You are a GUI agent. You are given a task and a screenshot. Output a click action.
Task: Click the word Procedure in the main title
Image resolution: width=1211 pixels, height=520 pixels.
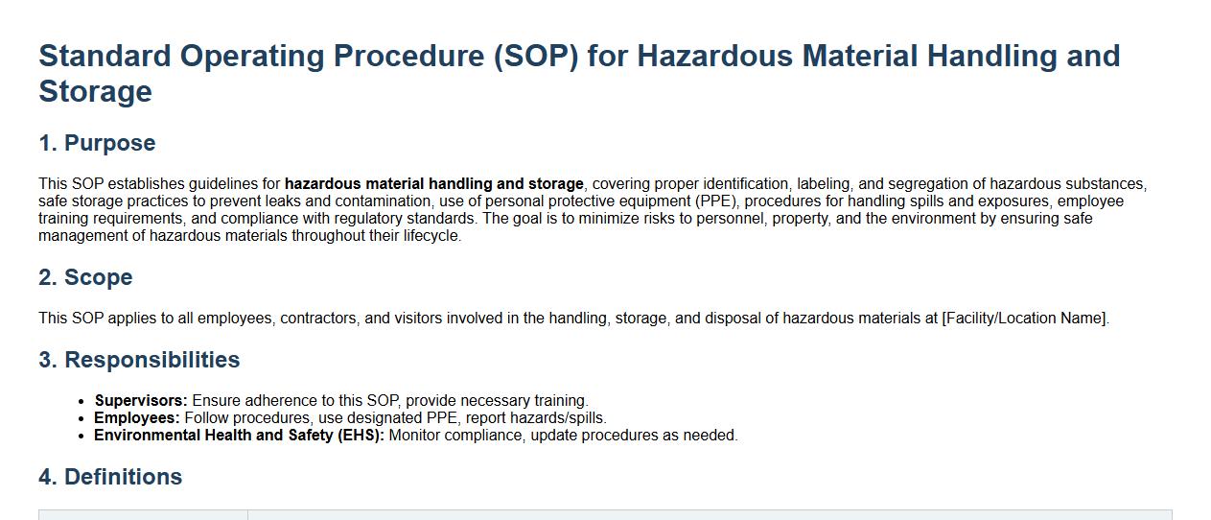coord(408,56)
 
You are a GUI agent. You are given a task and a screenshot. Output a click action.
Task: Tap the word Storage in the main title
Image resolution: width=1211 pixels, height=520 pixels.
coord(95,91)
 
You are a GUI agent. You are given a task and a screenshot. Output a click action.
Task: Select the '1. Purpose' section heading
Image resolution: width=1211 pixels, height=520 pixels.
coord(97,143)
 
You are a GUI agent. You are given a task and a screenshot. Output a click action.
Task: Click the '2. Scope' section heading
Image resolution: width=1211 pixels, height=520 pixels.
coord(85,277)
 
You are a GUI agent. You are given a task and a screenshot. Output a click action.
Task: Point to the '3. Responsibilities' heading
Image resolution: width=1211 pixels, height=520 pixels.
coord(139,360)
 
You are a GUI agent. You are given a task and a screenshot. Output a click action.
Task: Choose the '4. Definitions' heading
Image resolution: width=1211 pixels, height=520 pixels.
coord(110,477)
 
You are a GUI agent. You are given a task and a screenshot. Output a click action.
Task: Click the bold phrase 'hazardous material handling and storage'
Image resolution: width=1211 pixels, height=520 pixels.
coord(434,184)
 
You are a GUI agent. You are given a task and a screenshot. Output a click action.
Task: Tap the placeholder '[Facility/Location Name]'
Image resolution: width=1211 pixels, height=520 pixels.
coord(1024,319)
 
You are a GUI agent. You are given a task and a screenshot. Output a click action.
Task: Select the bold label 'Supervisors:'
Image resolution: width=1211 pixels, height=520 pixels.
coord(141,401)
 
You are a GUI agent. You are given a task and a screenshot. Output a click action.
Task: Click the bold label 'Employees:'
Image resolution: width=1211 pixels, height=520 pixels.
coord(137,418)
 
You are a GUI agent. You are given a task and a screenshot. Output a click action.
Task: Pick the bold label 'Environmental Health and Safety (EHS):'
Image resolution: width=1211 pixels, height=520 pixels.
coord(239,436)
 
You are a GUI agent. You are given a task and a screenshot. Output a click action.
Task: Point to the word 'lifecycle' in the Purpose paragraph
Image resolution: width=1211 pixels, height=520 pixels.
coord(431,236)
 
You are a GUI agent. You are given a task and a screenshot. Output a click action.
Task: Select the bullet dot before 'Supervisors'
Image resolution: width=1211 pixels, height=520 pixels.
coord(82,401)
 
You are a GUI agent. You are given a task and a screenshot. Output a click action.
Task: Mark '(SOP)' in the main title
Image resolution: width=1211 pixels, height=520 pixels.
coord(536,57)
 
